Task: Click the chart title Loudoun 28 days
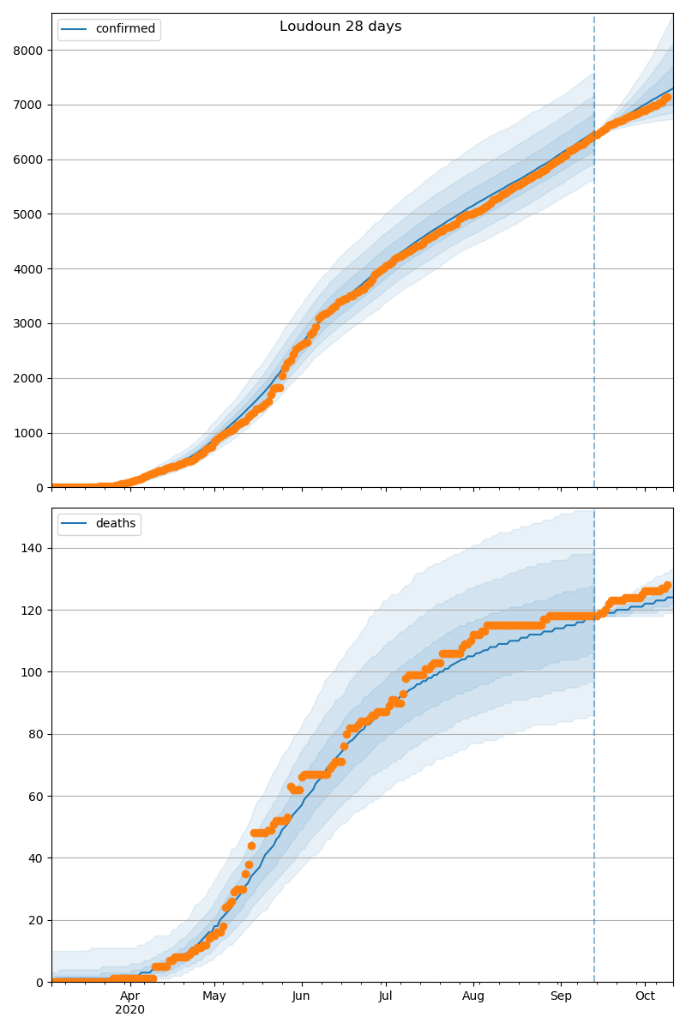point(340,27)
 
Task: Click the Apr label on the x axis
point(130,996)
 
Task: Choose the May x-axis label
point(214,996)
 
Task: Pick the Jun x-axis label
point(301,996)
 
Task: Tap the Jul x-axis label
point(385,996)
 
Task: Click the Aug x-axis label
point(473,996)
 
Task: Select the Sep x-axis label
point(560,996)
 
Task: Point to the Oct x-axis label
point(645,996)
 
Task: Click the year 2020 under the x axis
point(130,1009)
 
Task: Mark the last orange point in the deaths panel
point(667,586)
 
